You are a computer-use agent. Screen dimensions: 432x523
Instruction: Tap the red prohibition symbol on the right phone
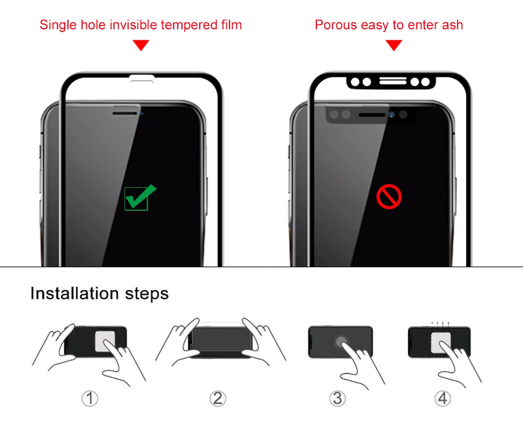tap(389, 197)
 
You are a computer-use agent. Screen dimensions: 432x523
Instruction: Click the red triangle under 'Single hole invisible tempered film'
tap(141, 46)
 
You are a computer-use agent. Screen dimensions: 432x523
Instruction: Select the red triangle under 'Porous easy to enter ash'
tap(394, 46)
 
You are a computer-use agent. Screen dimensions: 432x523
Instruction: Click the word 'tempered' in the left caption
tap(186, 25)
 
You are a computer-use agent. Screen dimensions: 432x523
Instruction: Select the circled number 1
tap(90, 399)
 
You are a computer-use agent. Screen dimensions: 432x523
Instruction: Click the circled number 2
tap(218, 399)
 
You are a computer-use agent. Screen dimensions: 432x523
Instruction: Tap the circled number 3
tap(338, 399)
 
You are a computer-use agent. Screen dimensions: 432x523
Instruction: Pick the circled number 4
tap(442, 399)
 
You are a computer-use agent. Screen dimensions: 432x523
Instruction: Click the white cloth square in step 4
tap(440, 343)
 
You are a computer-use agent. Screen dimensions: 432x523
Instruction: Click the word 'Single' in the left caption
tap(57, 25)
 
